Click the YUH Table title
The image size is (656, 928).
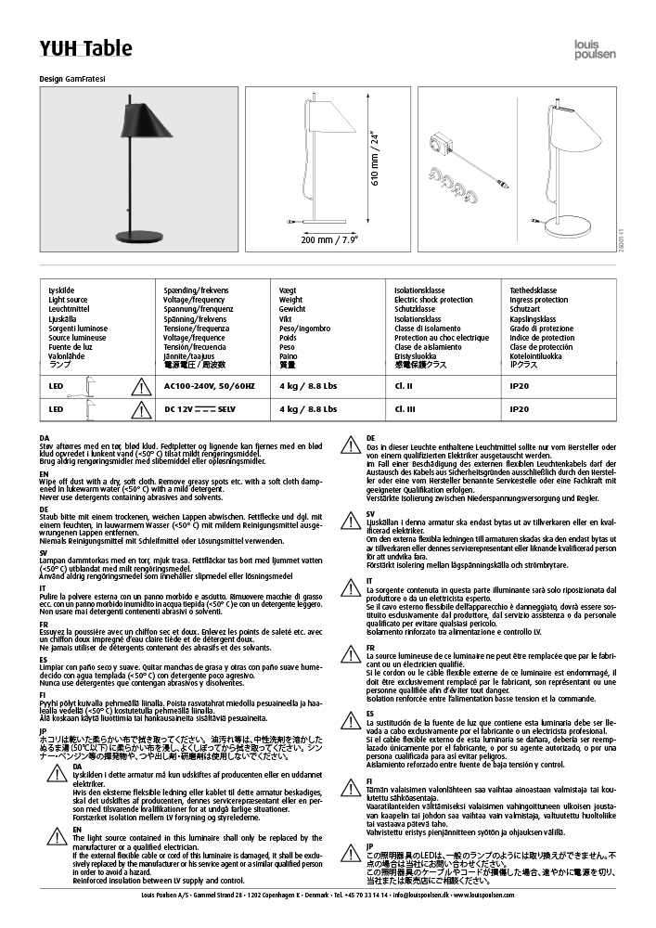85,48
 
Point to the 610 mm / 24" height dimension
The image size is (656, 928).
375,160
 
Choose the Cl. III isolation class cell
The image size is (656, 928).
405,408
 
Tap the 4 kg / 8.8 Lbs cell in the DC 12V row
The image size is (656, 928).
308,408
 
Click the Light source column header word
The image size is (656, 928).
68,301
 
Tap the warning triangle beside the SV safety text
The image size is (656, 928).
352,518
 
